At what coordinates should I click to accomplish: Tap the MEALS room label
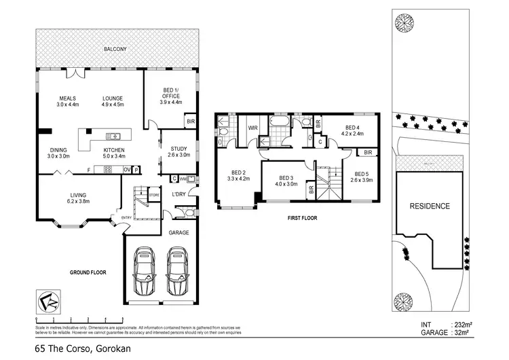pos(68,101)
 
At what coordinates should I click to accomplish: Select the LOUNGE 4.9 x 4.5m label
pos(113,101)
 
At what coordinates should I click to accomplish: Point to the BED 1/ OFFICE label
pos(171,96)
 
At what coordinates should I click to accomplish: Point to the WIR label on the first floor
pos(251,127)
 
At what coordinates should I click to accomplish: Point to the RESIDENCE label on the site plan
pos(428,206)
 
